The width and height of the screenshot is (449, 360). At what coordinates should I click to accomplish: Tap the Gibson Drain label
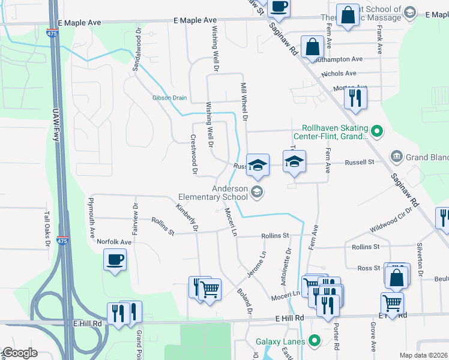click(x=169, y=98)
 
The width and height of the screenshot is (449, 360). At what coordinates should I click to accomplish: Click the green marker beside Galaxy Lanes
click(x=313, y=341)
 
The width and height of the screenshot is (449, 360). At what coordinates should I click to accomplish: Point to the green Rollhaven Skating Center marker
click(x=376, y=129)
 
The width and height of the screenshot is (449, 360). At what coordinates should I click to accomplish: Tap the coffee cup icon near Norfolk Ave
click(x=114, y=260)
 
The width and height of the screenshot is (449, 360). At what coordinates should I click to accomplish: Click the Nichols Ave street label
click(x=339, y=74)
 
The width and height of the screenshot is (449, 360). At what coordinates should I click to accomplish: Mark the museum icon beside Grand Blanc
click(x=396, y=157)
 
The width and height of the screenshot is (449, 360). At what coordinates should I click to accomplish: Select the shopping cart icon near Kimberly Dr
click(x=210, y=289)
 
